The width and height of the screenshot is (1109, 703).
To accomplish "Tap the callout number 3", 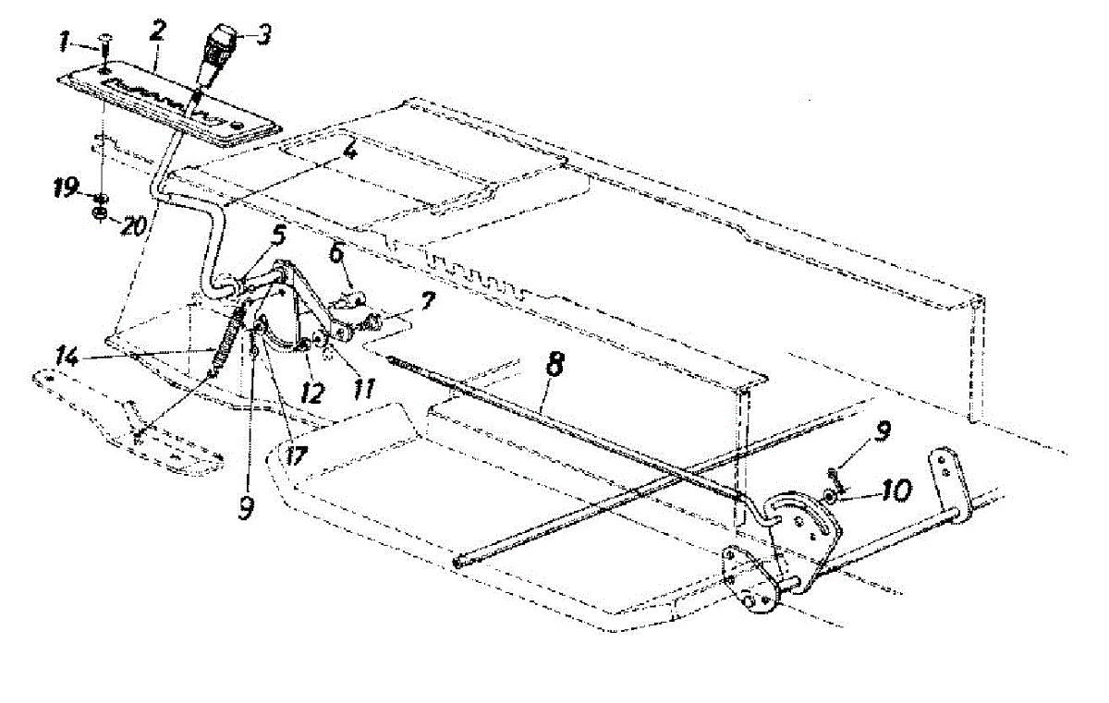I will coord(265,34).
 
